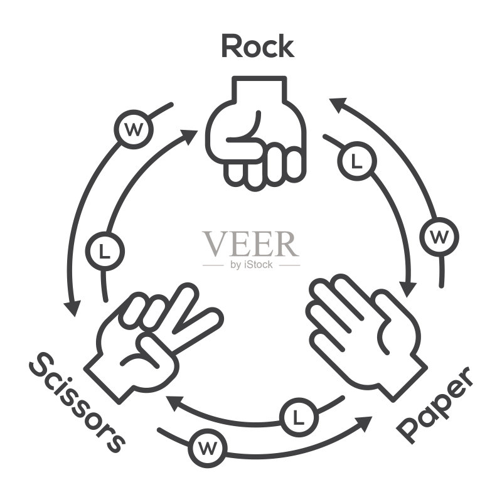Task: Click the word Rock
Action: tap(258, 46)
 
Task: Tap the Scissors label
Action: tap(76, 403)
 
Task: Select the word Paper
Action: tap(435, 405)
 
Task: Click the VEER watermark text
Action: tap(250, 243)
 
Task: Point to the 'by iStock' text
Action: tap(252, 265)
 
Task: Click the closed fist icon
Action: tap(256, 134)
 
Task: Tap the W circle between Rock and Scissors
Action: tap(134, 129)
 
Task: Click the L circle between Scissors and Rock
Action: tap(105, 251)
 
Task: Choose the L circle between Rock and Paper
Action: tap(356, 161)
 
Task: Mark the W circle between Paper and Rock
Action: tap(439, 237)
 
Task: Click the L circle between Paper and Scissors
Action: tap(299, 417)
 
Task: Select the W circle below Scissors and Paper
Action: tap(208, 448)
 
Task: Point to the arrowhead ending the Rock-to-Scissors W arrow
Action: tap(73, 308)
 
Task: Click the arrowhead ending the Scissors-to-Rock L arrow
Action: tap(189, 136)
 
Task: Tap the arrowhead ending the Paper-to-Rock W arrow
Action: tap(338, 105)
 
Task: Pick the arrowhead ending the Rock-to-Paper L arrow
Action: tap(408, 289)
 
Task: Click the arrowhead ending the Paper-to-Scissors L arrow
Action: tap(175, 403)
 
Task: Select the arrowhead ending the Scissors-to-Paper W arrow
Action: tap(363, 423)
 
